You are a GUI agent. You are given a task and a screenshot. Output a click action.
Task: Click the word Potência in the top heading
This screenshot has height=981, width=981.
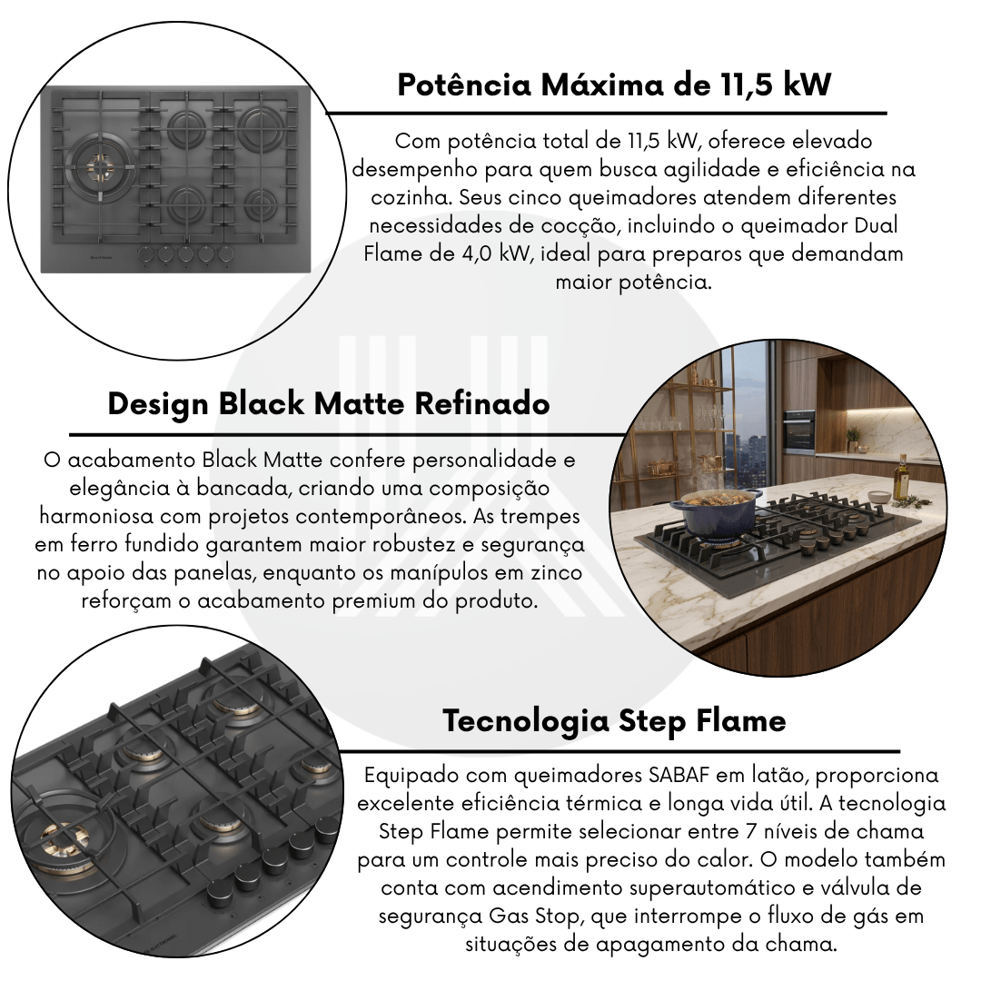464,84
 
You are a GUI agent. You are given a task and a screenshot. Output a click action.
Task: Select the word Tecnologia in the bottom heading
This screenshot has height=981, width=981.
526,721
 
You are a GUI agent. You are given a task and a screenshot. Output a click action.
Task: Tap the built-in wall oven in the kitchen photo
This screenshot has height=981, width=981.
799,433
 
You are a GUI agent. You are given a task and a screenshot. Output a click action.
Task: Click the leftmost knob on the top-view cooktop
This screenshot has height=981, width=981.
145,254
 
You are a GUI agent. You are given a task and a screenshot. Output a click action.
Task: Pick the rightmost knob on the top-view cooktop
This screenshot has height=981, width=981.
226,254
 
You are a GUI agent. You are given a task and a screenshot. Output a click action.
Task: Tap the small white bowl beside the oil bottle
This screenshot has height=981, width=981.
879,497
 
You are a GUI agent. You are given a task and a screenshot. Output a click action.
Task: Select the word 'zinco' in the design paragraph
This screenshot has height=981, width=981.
557,573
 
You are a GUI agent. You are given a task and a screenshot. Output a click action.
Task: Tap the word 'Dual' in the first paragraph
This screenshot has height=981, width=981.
877,225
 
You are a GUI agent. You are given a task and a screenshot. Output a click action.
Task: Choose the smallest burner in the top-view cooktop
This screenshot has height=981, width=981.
261,202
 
